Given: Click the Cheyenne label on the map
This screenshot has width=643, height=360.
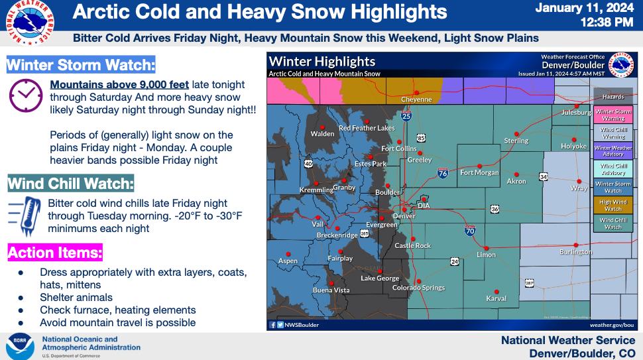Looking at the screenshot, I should coord(416,99).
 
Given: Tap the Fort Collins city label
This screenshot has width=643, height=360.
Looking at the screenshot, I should coord(399,149).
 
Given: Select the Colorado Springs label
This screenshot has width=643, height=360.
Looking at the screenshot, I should coord(418,288).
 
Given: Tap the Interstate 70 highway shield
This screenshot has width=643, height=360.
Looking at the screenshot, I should coord(469,231).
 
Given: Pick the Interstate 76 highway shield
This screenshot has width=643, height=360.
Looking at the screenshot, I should coord(442,174).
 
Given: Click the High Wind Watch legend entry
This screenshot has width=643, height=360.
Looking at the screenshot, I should coord(613,206).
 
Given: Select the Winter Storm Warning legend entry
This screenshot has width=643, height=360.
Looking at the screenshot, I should coord(613,115).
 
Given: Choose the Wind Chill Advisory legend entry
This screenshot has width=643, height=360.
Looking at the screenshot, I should coord(613,169).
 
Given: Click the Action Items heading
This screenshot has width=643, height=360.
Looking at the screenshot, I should coord(55,253).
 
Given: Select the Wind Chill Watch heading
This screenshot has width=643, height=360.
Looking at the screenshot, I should coord(71,183).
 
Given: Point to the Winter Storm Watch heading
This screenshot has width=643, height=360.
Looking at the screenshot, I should coord(81,66).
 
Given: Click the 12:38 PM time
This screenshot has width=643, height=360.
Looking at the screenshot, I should coord(606,23).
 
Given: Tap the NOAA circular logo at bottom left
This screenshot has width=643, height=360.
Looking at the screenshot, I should coord(20,346).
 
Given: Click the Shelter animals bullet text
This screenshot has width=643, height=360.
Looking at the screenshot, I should coord(76,298).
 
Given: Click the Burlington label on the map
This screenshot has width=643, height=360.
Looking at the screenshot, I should coord(576,252).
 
